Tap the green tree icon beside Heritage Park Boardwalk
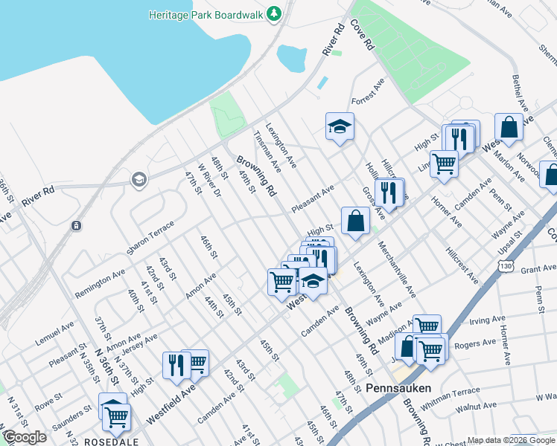[275, 13]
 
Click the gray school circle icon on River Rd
[138, 179]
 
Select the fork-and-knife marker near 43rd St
[176, 364]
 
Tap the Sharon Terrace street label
[150, 237]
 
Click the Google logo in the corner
[25, 437]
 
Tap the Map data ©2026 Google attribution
[511, 440]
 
